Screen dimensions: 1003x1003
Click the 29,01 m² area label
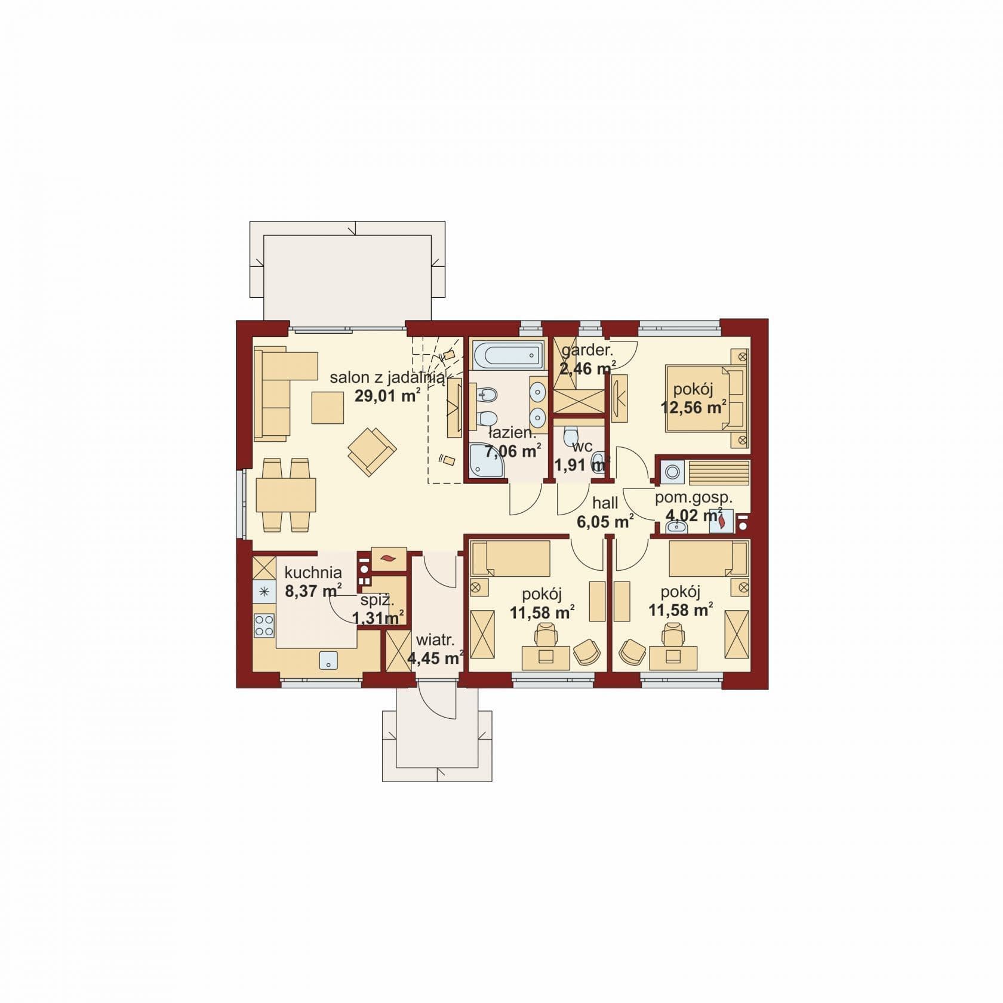point(387,395)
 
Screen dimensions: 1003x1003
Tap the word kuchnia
point(313,573)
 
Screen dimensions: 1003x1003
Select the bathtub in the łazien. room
point(507,355)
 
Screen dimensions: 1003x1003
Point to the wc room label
point(582,447)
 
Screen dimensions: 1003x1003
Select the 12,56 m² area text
point(693,408)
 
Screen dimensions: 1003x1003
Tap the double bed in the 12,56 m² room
point(707,398)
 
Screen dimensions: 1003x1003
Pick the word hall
point(605,503)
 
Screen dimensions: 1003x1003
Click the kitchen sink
point(328,660)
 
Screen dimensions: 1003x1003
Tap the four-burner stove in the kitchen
point(264,625)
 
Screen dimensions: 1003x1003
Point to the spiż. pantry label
point(377,601)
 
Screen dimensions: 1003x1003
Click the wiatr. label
point(435,641)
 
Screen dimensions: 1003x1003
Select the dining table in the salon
point(286,495)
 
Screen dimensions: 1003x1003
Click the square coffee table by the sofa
point(327,407)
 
